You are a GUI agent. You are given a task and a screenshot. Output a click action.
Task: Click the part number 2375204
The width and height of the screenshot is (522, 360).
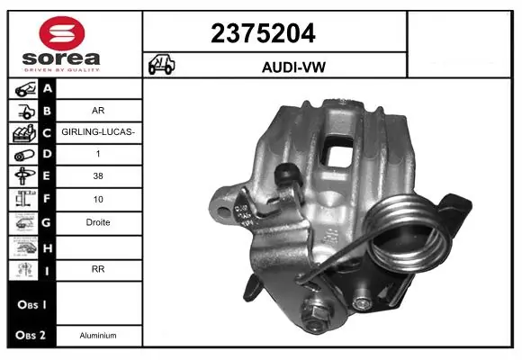274,33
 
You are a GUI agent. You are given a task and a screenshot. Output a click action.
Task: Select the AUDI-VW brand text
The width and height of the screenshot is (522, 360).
274,66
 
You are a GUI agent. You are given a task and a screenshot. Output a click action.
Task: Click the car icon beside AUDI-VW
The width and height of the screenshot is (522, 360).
161,65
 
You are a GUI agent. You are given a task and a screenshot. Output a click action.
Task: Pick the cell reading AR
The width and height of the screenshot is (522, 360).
99,112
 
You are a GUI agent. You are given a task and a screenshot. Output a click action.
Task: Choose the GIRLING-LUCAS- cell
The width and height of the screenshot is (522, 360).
99,133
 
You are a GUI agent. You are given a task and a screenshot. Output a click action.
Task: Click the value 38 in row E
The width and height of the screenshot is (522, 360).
99,177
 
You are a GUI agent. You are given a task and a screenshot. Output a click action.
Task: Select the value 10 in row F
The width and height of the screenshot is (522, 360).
99,200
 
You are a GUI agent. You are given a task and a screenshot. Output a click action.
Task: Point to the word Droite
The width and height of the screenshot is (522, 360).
99,222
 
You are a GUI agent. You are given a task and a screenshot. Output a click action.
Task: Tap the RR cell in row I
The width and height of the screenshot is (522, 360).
99,267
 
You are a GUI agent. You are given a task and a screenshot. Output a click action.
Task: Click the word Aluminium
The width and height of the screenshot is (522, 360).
99,335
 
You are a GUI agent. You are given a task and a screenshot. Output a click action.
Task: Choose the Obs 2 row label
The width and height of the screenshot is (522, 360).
30,335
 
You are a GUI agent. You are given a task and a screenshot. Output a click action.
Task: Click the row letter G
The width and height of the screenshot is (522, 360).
47,222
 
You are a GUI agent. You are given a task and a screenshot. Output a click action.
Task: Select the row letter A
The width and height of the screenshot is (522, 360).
47,88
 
